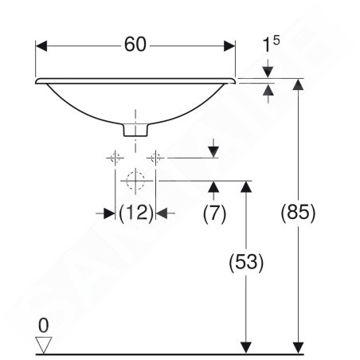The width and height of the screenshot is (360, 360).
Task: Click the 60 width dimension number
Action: (x=135, y=45)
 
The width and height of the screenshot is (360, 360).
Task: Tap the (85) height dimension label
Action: (x=298, y=213)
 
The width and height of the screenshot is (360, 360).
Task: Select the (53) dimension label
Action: (x=246, y=262)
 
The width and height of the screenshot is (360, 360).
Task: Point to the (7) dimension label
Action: (x=214, y=213)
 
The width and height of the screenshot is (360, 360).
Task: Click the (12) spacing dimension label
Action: (x=136, y=213)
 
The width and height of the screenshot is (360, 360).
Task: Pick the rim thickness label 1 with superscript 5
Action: (x=271, y=44)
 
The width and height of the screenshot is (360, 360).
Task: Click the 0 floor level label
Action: (x=44, y=326)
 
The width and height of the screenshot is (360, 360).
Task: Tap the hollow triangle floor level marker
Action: (x=44, y=345)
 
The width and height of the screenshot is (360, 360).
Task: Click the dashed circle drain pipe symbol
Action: (x=135, y=181)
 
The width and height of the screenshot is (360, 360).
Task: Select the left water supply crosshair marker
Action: (x=115, y=158)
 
